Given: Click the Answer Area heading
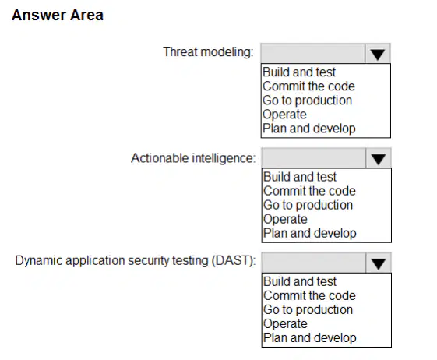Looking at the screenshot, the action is pyautogui.click(x=58, y=15).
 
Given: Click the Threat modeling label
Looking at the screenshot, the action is pyautogui.click(x=208, y=52).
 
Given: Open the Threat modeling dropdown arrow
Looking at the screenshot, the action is pyautogui.click(x=378, y=53).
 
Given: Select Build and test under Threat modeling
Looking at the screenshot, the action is pyautogui.click(x=299, y=72).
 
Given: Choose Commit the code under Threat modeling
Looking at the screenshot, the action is pyautogui.click(x=308, y=86).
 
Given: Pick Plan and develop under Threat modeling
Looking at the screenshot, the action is pyautogui.click(x=309, y=129).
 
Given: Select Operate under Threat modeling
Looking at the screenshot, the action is pyautogui.click(x=284, y=115).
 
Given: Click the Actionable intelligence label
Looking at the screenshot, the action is pyautogui.click(x=193, y=158).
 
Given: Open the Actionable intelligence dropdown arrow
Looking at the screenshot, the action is pyautogui.click(x=379, y=158).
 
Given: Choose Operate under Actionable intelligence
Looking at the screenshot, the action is pyautogui.click(x=285, y=219).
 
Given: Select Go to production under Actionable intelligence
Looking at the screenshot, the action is pyautogui.click(x=308, y=205).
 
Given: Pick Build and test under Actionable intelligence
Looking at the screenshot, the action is pyautogui.click(x=300, y=177).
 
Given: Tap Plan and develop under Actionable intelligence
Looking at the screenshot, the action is pyautogui.click(x=310, y=233).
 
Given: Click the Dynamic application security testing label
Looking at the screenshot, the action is pyautogui.click(x=136, y=261).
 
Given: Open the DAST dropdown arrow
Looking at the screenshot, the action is pyautogui.click(x=379, y=263).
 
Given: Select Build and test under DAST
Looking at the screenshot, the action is pyautogui.click(x=300, y=281).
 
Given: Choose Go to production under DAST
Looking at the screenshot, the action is pyautogui.click(x=308, y=309).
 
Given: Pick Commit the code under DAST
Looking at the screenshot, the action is pyautogui.click(x=309, y=295).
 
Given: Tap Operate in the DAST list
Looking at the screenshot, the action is pyautogui.click(x=285, y=323).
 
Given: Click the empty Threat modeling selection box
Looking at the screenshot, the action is pyautogui.click(x=313, y=53).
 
